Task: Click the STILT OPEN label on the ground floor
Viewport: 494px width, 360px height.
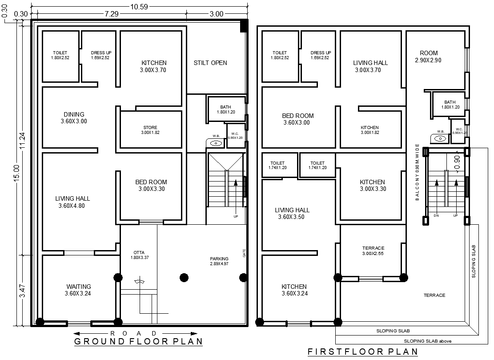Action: (x=210, y=63)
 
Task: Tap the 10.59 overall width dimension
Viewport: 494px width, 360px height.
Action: (x=139, y=6)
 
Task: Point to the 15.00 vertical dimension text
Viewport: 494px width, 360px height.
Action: (x=16, y=174)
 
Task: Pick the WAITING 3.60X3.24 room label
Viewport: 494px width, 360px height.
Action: (x=79, y=290)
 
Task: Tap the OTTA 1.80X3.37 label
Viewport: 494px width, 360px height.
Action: (x=139, y=255)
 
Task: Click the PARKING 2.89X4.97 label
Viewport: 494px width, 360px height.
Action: (x=219, y=261)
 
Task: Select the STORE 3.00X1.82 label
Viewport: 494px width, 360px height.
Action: (x=150, y=130)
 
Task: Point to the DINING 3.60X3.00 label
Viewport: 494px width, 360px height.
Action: (x=74, y=117)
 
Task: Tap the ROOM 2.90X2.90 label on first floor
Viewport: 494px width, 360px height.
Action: (x=428, y=56)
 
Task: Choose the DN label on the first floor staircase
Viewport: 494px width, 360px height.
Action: (x=436, y=215)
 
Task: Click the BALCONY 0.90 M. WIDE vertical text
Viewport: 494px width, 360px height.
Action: (x=418, y=172)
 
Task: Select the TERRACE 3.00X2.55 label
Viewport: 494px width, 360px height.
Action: (x=373, y=251)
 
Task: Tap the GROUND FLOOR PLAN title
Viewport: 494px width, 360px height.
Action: (x=138, y=341)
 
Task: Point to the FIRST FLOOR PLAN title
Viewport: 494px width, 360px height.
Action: (x=362, y=352)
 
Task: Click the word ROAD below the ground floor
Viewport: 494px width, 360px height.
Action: (x=133, y=333)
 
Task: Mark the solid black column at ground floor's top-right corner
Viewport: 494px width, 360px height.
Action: (x=244, y=26)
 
